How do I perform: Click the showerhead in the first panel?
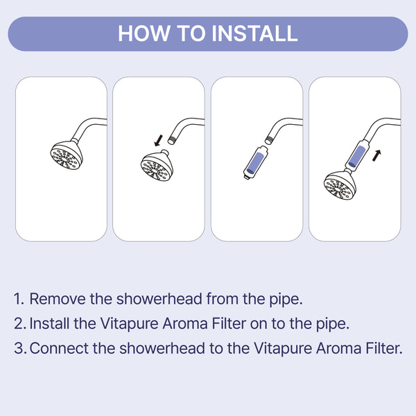pyautogui.click(x=67, y=157)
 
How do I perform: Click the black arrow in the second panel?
pyautogui.click(x=159, y=141)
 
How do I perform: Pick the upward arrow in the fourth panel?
pyautogui.click(x=376, y=155)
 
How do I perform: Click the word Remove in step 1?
pyautogui.click(x=54, y=300)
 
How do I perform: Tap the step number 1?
pyautogui.click(x=19, y=300)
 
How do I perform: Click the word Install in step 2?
pyautogui.click(x=48, y=324)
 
